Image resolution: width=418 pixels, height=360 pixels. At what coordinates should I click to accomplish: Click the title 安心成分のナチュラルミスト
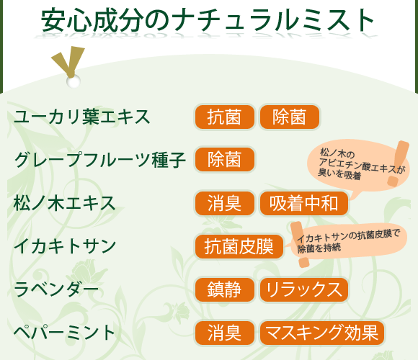pyautogui.click(x=208, y=20)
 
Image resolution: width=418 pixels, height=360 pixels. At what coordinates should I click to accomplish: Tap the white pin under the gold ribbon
pyautogui.click(x=73, y=81)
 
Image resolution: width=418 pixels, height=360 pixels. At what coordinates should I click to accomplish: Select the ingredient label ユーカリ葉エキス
pyautogui.click(x=82, y=117)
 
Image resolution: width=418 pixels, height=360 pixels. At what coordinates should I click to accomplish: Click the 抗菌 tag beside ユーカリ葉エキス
pyautogui.click(x=224, y=117)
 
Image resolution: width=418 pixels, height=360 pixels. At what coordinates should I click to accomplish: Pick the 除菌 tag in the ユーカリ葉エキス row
pyautogui.click(x=289, y=117)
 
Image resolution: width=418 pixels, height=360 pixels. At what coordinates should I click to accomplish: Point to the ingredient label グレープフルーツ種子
pyautogui.click(x=100, y=160)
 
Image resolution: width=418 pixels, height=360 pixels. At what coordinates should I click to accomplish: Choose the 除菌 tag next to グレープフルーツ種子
pyautogui.click(x=224, y=160)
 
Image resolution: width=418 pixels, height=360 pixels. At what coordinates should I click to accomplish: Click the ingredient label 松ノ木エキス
pyautogui.click(x=65, y=203)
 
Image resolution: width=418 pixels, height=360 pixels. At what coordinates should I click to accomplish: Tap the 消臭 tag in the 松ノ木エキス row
pyautogui.click(x=224, y=203)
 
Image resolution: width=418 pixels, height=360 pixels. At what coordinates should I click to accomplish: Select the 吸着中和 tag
pyautogui.click(x=304, y=203)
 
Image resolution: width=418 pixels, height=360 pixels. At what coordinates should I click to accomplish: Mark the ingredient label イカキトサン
pyautogui.click(x=65, y=246)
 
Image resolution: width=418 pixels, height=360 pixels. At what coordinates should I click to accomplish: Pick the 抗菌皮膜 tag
pyautogui.click(x=239, y=246)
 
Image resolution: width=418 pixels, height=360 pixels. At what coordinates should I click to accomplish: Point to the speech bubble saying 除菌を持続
pyautogui.click(x=350, y=242)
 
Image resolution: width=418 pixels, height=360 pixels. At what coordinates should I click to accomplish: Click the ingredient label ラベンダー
pyautogui.click(x=56, y=289)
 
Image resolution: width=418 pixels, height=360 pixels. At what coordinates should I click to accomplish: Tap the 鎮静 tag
pyautogui.click(x=224, y=289)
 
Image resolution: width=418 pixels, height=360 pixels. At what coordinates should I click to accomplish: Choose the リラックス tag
pyautogui.click(x=304, y=289)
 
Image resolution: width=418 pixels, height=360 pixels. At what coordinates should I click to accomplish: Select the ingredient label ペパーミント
pyautogui.click(x=65, y=333)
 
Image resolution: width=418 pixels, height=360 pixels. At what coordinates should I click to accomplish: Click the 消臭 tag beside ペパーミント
pyautogui.click(x=224, y=333)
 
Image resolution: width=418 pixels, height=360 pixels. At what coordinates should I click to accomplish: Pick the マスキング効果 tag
pyautogui.click(x=321, y=333)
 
